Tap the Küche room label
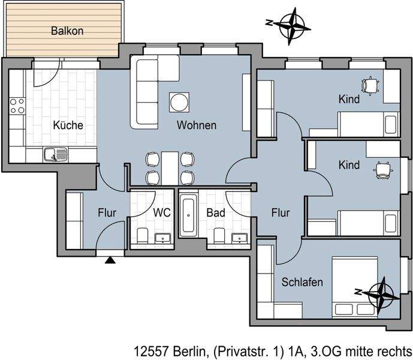pyautogui.click(x=68, y=126)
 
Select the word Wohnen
pyautogui.click(x=196, y=126)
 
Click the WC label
pyautogui.click(x=162, y=212)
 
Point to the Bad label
pyautogui.click(x=215, y=212)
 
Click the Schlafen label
pyautogui.click(x=302, y=282)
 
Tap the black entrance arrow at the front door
pyautogui.click(x=110, y=259)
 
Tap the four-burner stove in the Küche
pyautogui.click(x=17, y=107)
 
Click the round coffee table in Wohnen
pyautogui.click(x=179, y=102)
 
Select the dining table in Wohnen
pyautogui.click(x=171, y=167)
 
